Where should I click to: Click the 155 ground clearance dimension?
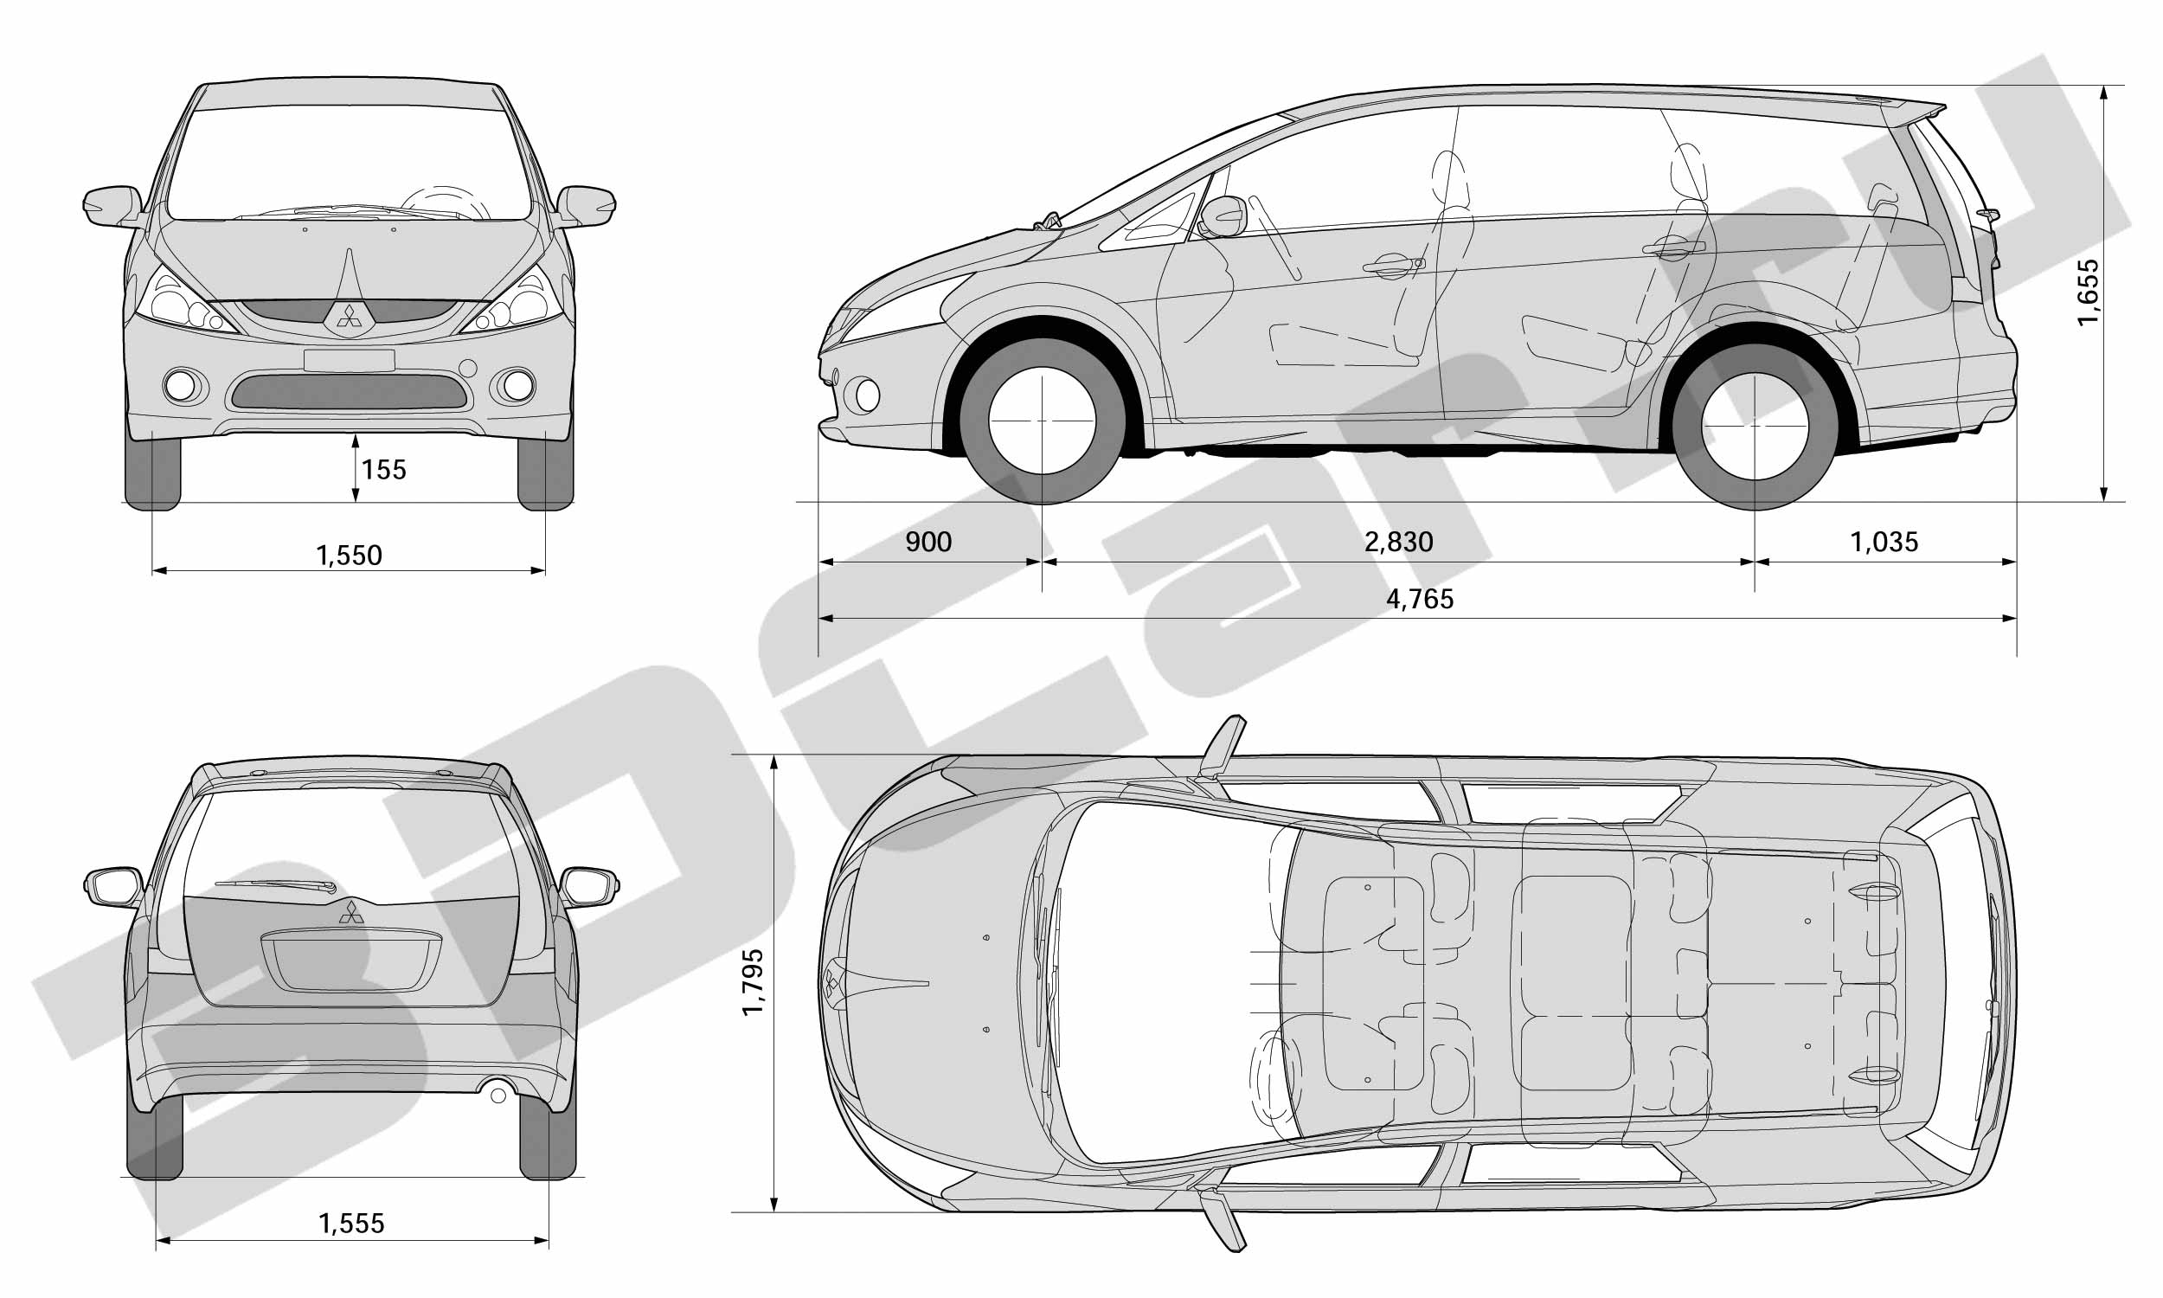(x=384, y=470)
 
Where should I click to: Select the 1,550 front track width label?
(x=349, y=556)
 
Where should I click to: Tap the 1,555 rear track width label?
(x=351, y=1224)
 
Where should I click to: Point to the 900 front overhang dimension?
(x=928, y=543)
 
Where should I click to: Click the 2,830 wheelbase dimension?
(x=1399, y=543)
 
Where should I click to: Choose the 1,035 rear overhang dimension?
(x=1884, y=543)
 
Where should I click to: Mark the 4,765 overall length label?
(x=1420, y=599)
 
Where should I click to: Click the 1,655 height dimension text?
(x=2088, y=292)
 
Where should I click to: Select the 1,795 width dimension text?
(x=753, y=982)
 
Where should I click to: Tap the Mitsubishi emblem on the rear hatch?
(x=351, y=912)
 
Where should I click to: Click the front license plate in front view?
(x=350, y=360)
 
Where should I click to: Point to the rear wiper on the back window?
(x=276, y=886)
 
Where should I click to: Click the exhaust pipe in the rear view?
(x=498, y=1094)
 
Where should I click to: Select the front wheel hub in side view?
(x=1043, y=421)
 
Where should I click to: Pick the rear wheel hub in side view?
(x=1755, y=426)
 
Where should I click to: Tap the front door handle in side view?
(x=1393, y=265)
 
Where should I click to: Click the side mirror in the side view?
(x=1223, y=216)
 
